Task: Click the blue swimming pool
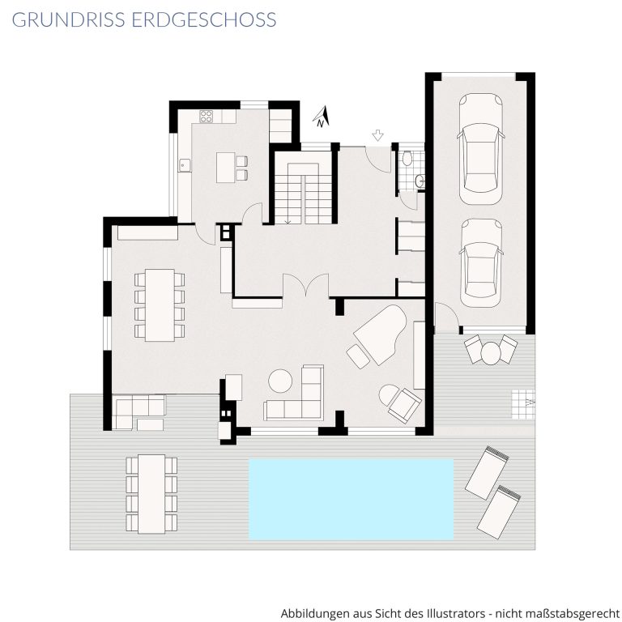(351, 499)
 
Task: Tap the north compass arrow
(322, 117)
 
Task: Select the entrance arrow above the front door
(377, 135)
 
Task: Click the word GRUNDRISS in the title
(68, 19)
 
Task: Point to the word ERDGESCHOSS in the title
(204, 19)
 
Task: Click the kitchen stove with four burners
(207, 117)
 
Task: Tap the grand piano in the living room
(380, 334)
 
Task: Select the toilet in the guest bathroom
(407, 158)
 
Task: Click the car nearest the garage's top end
(481, 149)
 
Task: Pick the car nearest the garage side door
(481, 263)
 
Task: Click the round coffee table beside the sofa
(280, 381)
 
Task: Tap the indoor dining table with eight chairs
(160, 305)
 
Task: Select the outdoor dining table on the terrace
(151, 494)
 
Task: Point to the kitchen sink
(184, 164)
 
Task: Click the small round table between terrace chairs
(491, 352)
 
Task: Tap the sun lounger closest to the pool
(488, 472)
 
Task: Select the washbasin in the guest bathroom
(420, 182)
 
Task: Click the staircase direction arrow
(288, 221)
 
